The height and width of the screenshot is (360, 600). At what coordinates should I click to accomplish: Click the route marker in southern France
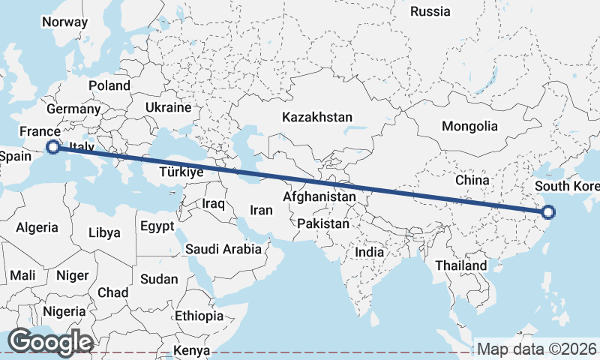pyautogui.click(x=52, y=147)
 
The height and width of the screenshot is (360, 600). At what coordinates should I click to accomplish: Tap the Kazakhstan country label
pyautogui.click(x=316, y=117)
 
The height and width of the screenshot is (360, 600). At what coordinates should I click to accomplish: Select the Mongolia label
pyautogui.click(x=469, y=126)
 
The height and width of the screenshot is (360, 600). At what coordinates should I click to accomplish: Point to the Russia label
pyautogui.click(x=430, y=11)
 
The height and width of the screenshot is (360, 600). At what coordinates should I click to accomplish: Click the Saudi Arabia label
pyautogui.click(x=223, y=249)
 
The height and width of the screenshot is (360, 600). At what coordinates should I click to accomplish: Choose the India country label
pyautogui.click(x=369, y=252)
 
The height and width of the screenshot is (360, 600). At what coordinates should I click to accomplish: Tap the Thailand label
pyautogui.click(x=460, y=265)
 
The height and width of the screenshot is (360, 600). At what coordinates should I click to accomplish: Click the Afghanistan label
pyautogui.click(x=319, y=196)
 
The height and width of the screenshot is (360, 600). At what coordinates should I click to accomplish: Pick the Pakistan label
pyautogui.click(x=323, y=223)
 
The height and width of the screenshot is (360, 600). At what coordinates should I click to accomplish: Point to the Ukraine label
pyautogui.click(x=169, y=107)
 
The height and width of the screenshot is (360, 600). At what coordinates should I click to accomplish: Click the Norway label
pyautogui.click(x=64, y=22)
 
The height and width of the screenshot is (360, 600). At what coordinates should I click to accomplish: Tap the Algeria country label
pyautogui.click(x=37, y=227)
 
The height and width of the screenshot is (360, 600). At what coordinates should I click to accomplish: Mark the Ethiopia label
pyautogui.click(x=199, y=316)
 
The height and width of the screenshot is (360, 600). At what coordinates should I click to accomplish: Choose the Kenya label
pyautogui.click(x=192, y=350)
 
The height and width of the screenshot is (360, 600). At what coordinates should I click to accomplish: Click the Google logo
pyautogui.click(x=50, y=342)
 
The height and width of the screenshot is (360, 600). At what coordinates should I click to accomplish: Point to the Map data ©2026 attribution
pyautogui.click(x=537, y=349)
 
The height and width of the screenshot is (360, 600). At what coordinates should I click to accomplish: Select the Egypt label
pyautogui.click(x=157, y=226)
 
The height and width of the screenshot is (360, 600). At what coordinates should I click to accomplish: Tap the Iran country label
pyautogui.click(x=261, y=210)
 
